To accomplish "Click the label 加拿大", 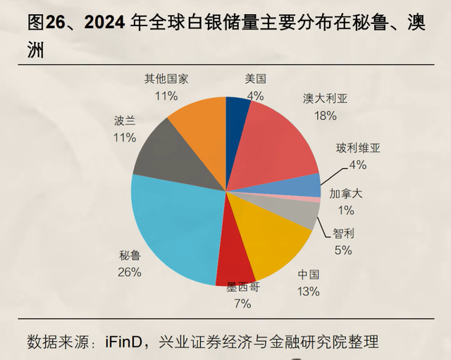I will [x=346, y=194].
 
